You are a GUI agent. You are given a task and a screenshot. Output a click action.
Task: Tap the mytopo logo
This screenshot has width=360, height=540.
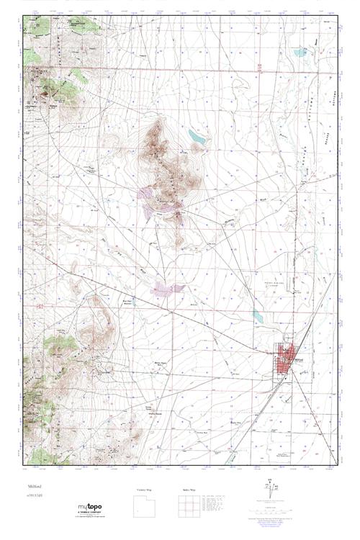coord(89,508)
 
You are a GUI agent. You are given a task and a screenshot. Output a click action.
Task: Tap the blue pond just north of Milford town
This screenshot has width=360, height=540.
coord(258,315)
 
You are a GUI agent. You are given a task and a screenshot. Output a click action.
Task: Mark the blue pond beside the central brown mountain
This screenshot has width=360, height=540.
coord(196,135)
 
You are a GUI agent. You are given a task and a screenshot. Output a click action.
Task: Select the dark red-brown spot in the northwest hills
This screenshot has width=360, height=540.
coord(45,92)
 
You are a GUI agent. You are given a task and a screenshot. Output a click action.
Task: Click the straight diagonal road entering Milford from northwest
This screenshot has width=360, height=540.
coord(166,310)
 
